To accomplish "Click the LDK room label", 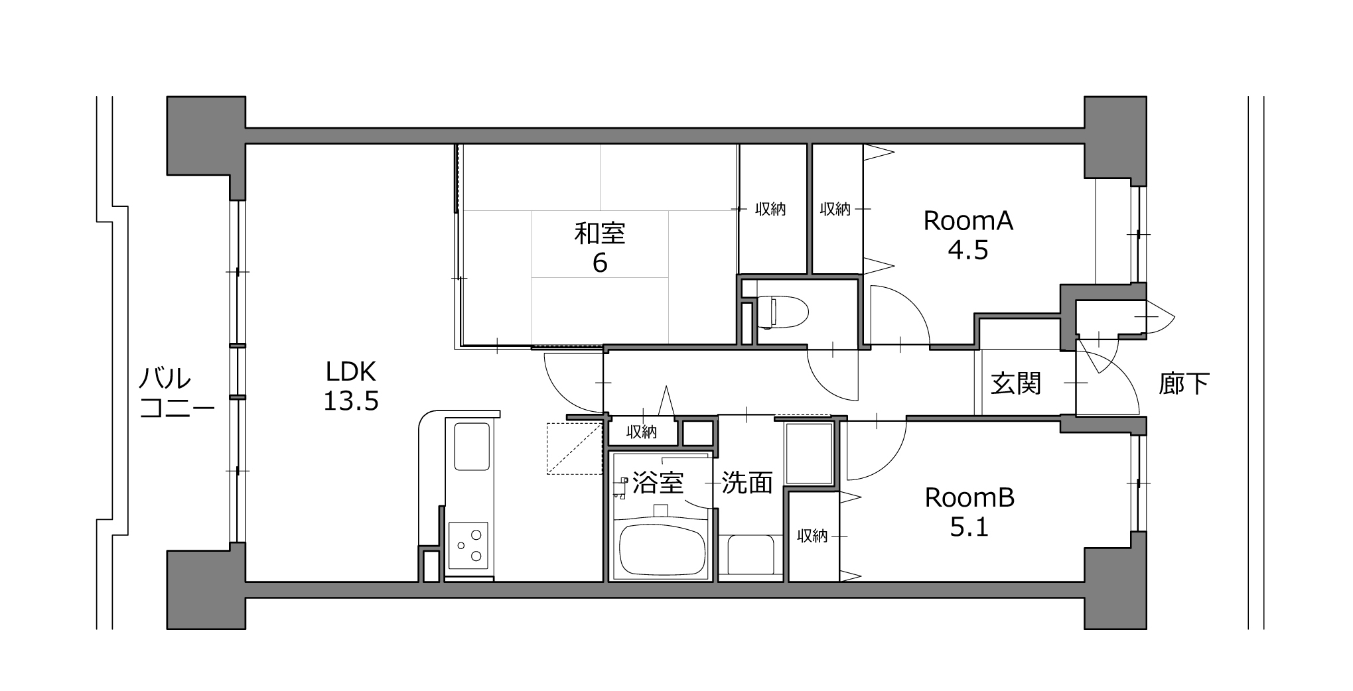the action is [350, 371].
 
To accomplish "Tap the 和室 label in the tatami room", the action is [599, 233].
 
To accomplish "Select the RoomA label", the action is [968, 221].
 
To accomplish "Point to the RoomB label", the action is [969, 498].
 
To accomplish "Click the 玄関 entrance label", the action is [1016, 383].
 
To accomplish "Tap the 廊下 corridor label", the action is [1184, 383].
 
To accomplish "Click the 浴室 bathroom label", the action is [658, 483].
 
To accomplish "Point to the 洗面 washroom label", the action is [747, 483].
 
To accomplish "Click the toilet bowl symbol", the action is [782, 312].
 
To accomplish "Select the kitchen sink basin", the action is [472, 446].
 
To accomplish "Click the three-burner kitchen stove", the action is [468, 545].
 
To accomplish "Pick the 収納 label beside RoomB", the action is [812, 536].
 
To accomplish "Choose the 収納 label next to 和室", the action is [770, 210].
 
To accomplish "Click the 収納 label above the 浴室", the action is [642, 432].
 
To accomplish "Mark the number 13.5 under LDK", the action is [350, 401].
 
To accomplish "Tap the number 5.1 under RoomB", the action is [969, 528].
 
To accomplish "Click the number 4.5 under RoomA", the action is [968, 251].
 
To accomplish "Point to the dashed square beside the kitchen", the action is [574, 448].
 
